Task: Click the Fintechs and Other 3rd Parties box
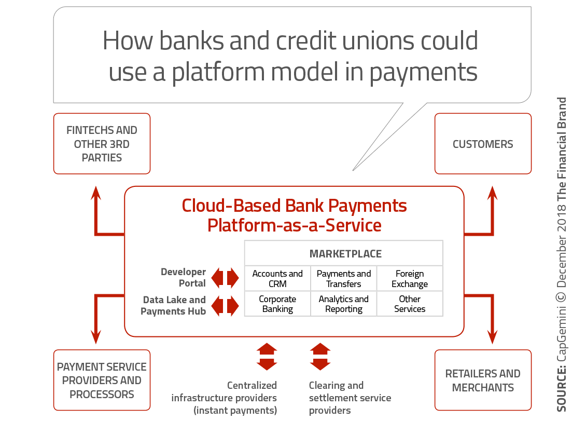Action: tap(102, 144)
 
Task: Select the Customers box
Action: tap(483, 144)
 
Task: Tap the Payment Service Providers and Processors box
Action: tap(102, 381)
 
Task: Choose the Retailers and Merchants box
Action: tap(483, 381)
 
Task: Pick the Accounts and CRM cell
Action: tap(277, 279)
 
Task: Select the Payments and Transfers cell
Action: tap(344, 279)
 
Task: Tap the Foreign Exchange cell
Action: tap(410, 279)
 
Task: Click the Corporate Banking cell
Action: tap(277, 304)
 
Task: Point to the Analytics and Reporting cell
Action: tap(344, 304)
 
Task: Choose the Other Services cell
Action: tap(410, 304)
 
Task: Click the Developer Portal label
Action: tap(183, 278)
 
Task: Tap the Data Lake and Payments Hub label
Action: tap(173, 306)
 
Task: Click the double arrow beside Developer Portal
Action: tap(225, 278)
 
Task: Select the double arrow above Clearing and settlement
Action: tap(320, 357)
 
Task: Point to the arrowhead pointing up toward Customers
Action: tap(492, 193)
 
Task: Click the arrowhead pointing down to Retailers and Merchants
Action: tap(492, 337)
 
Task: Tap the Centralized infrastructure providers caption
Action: tap(225, 398)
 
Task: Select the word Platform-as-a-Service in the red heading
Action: tap(294, 225)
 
